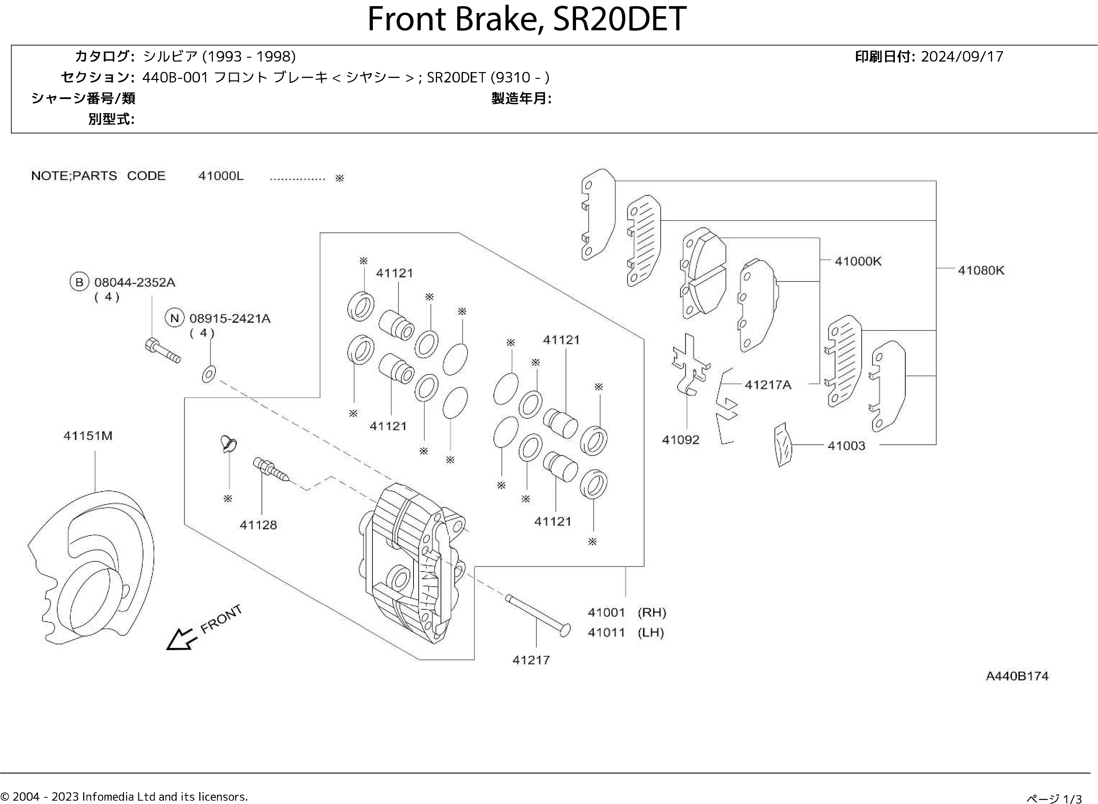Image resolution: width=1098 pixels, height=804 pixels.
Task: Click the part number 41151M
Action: [x=88, y=436]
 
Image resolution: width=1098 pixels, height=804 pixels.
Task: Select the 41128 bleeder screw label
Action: [x=258, y=525]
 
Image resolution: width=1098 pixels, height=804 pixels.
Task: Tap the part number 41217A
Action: [x=768, y=385]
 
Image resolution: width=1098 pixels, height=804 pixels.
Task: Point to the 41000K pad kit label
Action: [x=858, y=261]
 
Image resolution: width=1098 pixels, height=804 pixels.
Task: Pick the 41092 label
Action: [x=680, y=440]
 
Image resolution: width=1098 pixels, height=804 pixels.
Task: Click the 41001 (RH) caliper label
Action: [x=626, y=612]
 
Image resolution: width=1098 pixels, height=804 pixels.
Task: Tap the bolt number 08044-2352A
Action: [x=134, y=282]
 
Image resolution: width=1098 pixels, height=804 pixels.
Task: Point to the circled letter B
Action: [x=79, y=282]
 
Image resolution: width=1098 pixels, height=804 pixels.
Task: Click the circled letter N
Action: [x=174, y=318]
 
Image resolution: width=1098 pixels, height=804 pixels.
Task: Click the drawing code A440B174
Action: [x=1016, y=676]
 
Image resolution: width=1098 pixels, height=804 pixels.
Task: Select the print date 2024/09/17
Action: [x=961, y=57]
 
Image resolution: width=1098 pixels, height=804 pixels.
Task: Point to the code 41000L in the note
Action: [x=220, y=176]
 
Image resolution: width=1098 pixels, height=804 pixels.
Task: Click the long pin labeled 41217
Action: [x=537, y=615]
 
